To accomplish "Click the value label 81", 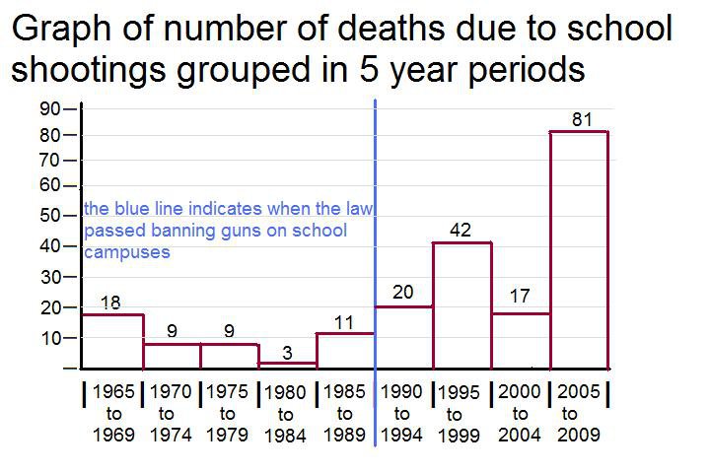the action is (582, 119).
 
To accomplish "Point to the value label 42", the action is (461, 230).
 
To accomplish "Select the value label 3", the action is (287, 353).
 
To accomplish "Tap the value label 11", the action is (344, 323).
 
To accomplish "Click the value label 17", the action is (520, 296).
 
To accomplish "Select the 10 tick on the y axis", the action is (50, 338).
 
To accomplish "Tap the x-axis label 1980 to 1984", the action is (285, 414).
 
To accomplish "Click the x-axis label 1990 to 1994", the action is (401, 413).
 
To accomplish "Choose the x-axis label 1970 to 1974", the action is (171, 413).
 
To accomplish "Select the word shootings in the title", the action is (89, 71).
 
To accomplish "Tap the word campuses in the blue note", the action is (127, 252).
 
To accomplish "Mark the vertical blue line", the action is (376, 273).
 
